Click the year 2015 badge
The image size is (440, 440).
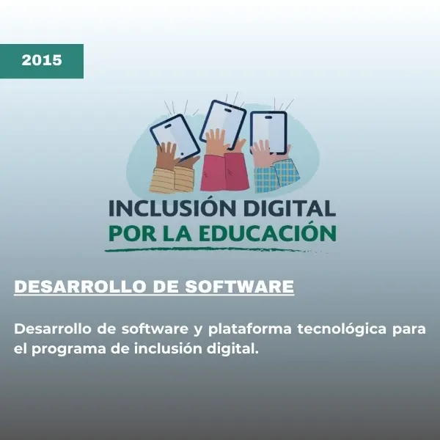[42, 61]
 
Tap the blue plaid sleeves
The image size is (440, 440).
[276, 176]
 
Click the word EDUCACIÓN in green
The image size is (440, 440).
[279, 234]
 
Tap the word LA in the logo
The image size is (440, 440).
[177, 234]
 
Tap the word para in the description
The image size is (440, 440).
[408, 329]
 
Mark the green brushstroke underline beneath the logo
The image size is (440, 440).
[220, 250]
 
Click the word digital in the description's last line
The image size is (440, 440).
[234, 348]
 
